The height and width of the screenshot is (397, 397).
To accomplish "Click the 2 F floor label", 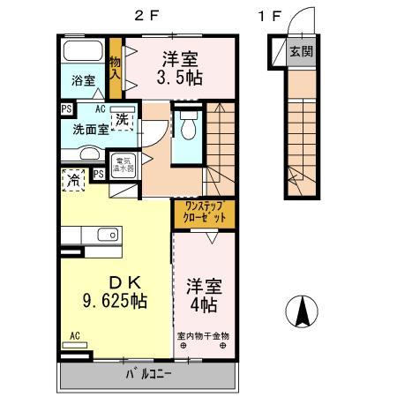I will point(146,14).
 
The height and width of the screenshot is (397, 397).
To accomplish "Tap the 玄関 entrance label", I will point(302,51).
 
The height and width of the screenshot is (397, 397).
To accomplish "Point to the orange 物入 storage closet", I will point(115,70).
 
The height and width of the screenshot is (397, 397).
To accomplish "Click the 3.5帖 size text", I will point(181,79).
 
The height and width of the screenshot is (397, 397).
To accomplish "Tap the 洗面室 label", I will point(79,129).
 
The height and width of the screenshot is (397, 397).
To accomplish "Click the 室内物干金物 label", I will point(204,335).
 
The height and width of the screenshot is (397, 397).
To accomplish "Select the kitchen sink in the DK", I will point(108,234).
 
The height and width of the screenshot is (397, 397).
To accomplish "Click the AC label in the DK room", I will point(75,335).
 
